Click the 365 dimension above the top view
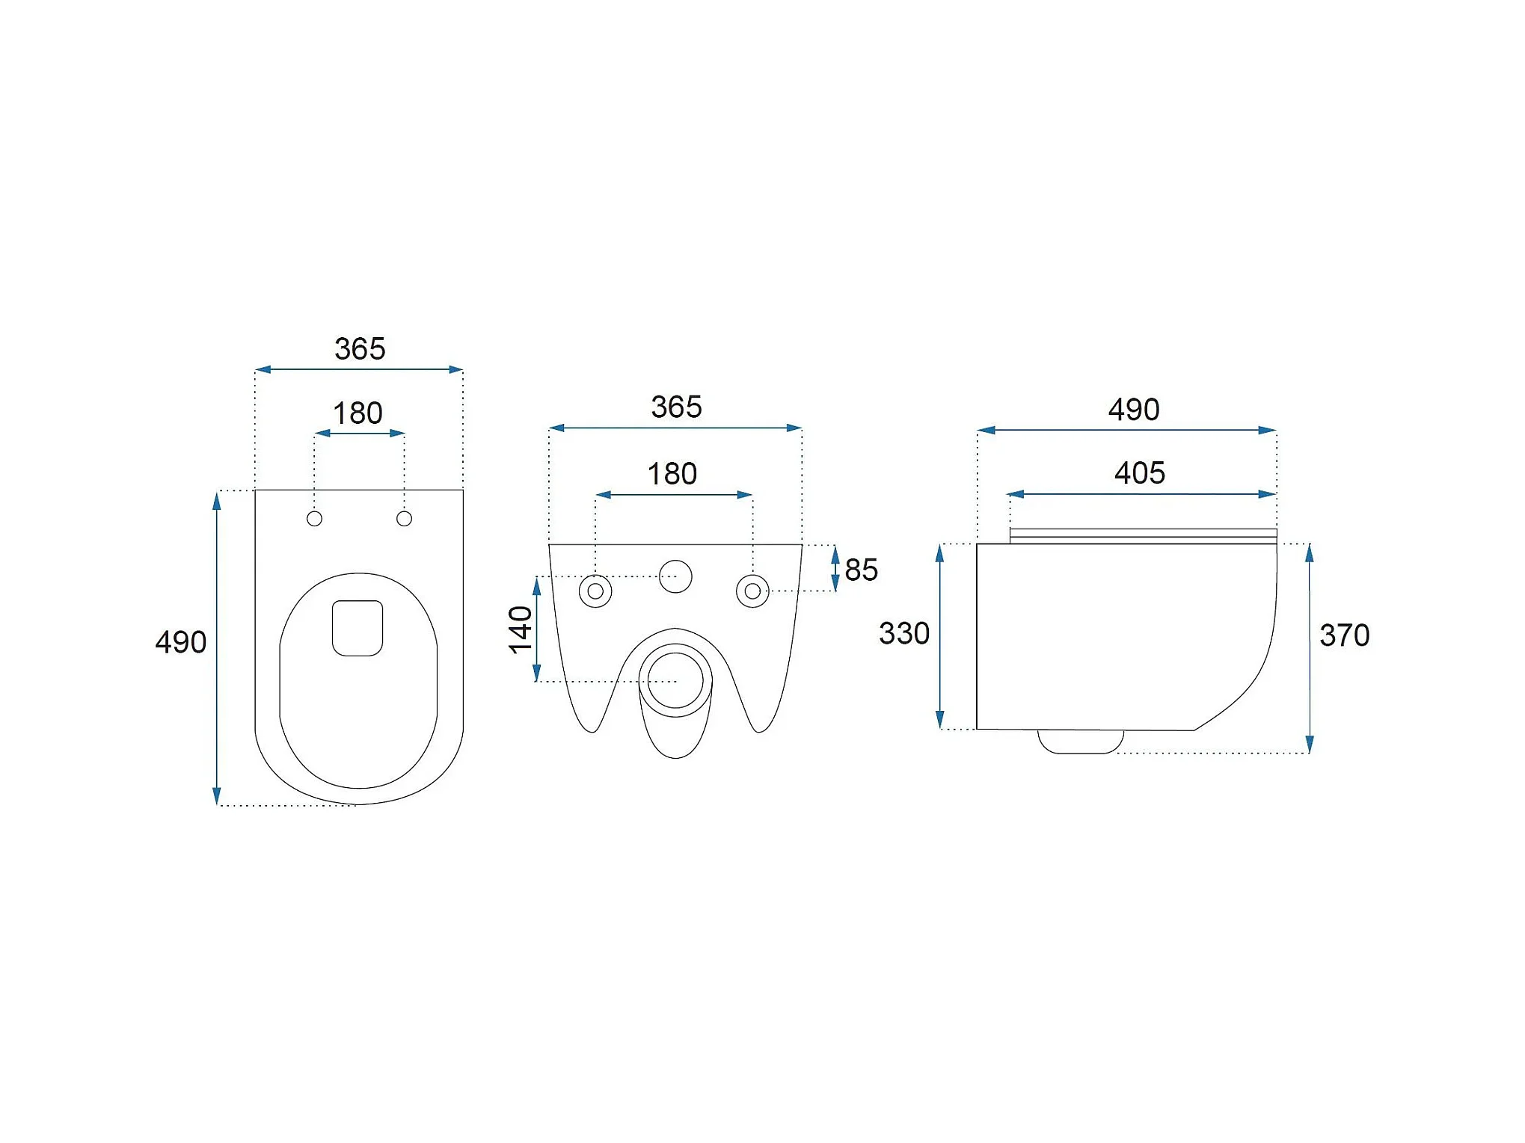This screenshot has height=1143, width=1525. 360,349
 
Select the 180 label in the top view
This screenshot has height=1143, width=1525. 358,413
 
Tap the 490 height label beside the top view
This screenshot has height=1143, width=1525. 181,643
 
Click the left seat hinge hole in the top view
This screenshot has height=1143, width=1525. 314,519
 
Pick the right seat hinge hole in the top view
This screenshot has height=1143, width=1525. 404,519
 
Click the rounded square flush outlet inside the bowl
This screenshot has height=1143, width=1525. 358,628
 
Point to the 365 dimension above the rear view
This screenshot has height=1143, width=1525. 676,407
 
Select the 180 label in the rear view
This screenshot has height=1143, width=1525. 672,474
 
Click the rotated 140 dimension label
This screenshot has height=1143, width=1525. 521,629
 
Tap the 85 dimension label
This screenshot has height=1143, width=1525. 861,570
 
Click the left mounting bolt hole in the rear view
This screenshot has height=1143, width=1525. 595,591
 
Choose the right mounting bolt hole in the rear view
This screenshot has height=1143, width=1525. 752,591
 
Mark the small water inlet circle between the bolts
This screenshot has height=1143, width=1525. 675,576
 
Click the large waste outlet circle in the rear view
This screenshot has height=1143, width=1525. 675,680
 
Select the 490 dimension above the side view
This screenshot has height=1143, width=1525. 1134,410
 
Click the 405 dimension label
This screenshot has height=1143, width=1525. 1140,473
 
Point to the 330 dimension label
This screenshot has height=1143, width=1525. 904,634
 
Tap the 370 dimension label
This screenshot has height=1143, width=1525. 1345,636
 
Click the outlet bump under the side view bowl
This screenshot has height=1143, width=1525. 1080,742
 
